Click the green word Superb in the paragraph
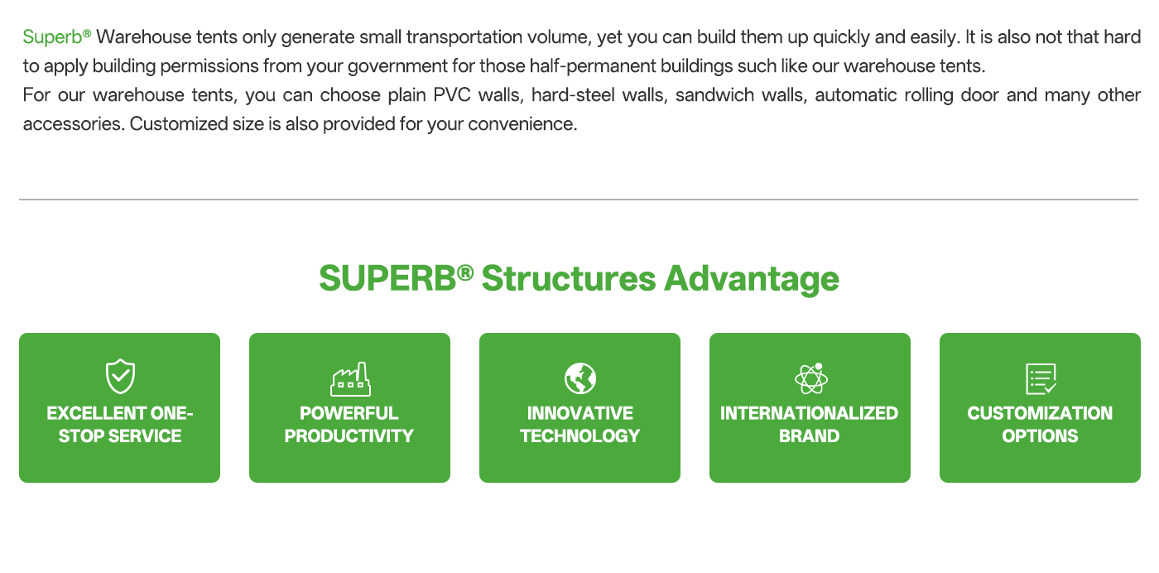52,37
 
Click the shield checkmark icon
120,376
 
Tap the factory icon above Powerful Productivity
350,379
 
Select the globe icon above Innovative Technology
580,378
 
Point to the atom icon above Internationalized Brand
810,378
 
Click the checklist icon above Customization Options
1041,379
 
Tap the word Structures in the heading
569,278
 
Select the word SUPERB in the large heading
387,278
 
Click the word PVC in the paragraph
452,95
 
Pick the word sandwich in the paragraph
715,95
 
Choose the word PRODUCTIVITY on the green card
349,436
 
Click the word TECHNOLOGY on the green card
580,436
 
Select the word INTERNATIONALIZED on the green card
810,413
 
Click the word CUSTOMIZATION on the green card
1040,413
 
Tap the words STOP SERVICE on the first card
120,436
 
